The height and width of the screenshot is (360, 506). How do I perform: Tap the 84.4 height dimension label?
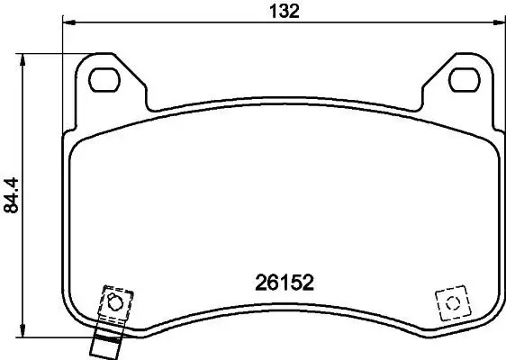12,193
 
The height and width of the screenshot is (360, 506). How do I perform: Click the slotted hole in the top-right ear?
465,78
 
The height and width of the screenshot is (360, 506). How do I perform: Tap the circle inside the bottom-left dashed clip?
114,301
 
